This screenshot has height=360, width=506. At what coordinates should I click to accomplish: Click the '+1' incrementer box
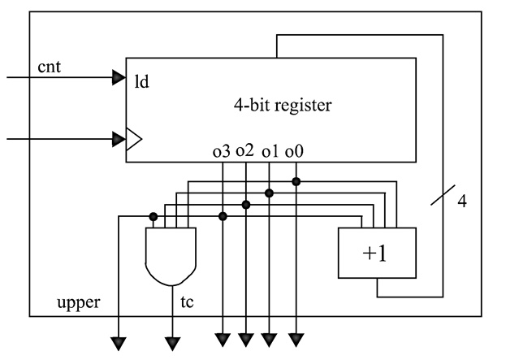pos(376,253)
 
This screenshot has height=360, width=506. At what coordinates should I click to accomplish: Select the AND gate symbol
pos(170,255)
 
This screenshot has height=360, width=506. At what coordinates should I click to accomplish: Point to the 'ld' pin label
pos(141,82)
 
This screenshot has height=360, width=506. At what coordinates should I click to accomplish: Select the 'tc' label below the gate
pos(186,302)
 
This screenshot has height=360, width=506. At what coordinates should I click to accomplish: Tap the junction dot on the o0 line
pos(296,181)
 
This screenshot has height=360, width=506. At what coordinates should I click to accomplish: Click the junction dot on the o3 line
pos(223,216)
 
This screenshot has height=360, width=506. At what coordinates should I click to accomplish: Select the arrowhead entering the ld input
pos(119,79)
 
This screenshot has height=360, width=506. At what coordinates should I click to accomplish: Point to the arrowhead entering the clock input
pos(119,140)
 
